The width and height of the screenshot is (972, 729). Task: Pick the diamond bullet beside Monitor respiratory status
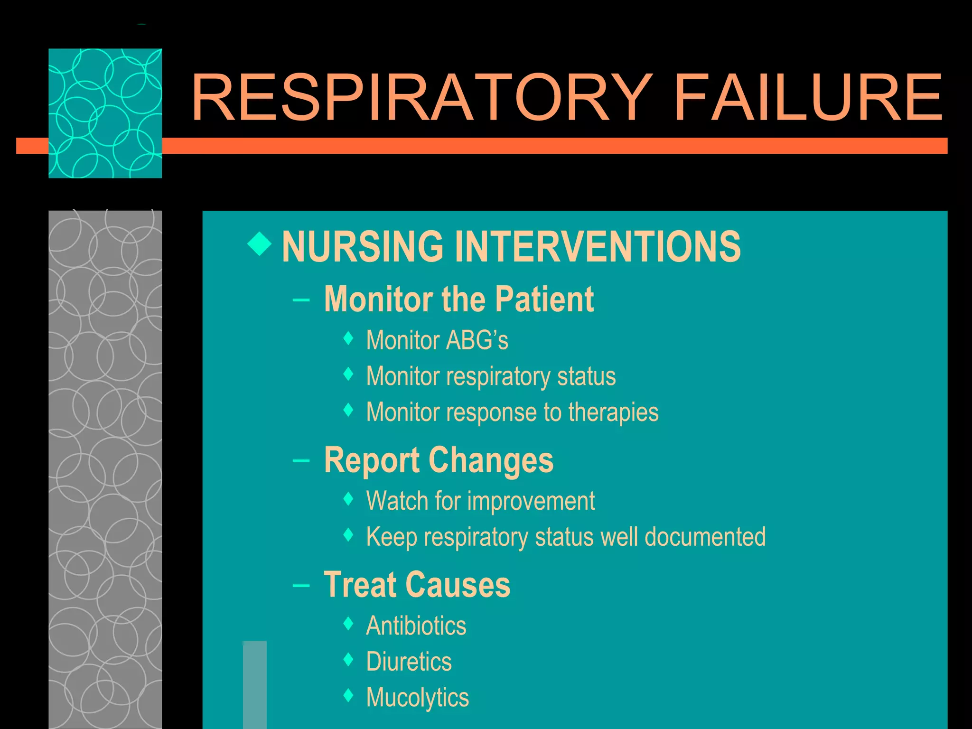pos(348,374)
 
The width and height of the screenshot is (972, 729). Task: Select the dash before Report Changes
pos(301,460)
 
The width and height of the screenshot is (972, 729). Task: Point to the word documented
pos(705,537)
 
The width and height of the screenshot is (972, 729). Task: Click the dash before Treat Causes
pos(301,585)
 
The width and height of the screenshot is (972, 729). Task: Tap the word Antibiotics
pos(416,626)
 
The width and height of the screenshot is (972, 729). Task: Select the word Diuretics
pos(409,662)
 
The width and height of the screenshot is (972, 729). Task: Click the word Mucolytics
pos(417,698)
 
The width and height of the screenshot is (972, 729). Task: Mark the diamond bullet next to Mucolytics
pos(348,696)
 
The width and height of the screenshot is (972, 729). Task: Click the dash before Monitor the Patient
pos(301,300)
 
